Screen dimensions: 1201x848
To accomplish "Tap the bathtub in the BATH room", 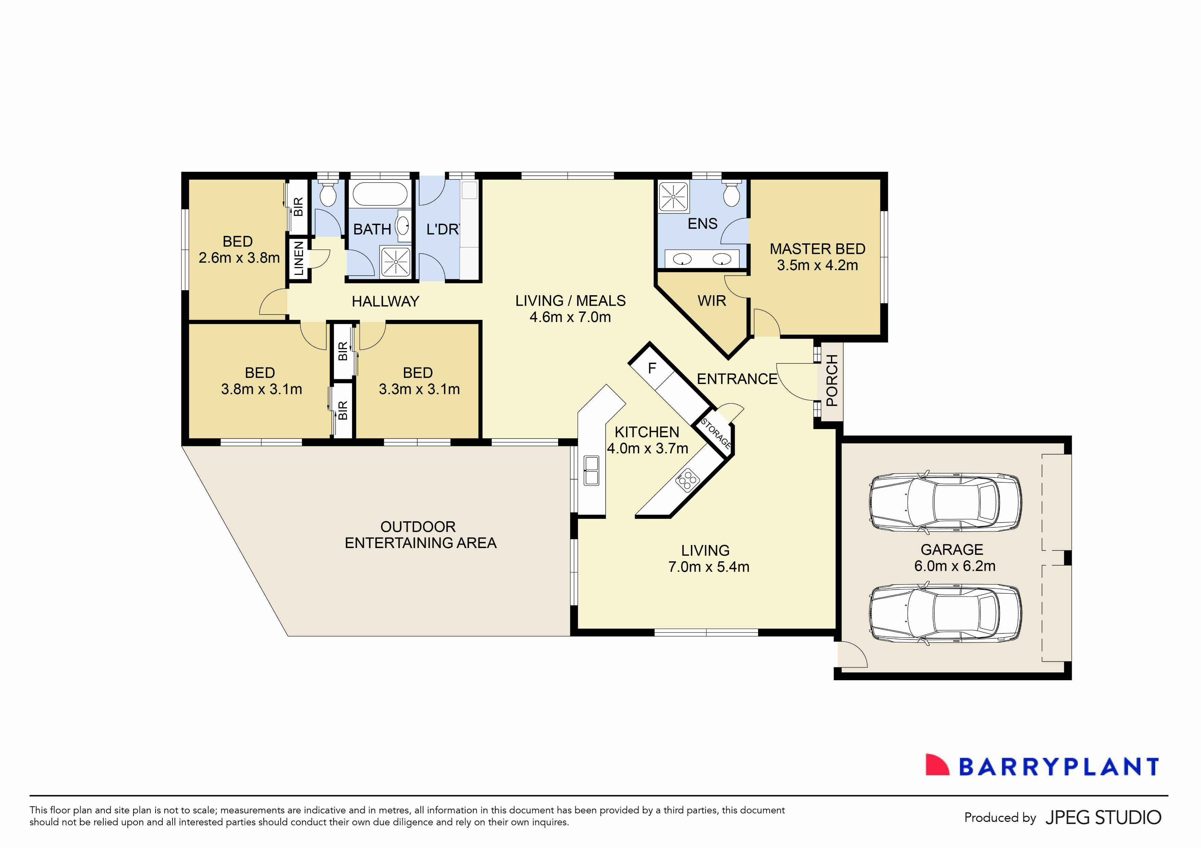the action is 380,194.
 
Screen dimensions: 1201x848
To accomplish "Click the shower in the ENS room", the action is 673,197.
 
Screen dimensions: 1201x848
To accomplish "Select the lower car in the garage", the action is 945,612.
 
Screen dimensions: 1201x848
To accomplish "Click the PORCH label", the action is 832,380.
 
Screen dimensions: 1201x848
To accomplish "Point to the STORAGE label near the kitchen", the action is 716,433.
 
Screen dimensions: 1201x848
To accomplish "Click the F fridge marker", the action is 652,368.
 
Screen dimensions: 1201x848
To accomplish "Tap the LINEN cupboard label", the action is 299,258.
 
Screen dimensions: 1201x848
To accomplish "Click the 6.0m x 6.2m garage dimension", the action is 955,566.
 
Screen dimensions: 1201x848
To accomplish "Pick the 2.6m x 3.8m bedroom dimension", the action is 239,258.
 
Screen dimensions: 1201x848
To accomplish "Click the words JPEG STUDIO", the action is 1103,817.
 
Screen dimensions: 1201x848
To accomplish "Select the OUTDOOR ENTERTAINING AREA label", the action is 420,534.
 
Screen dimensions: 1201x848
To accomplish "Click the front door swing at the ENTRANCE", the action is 796,382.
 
